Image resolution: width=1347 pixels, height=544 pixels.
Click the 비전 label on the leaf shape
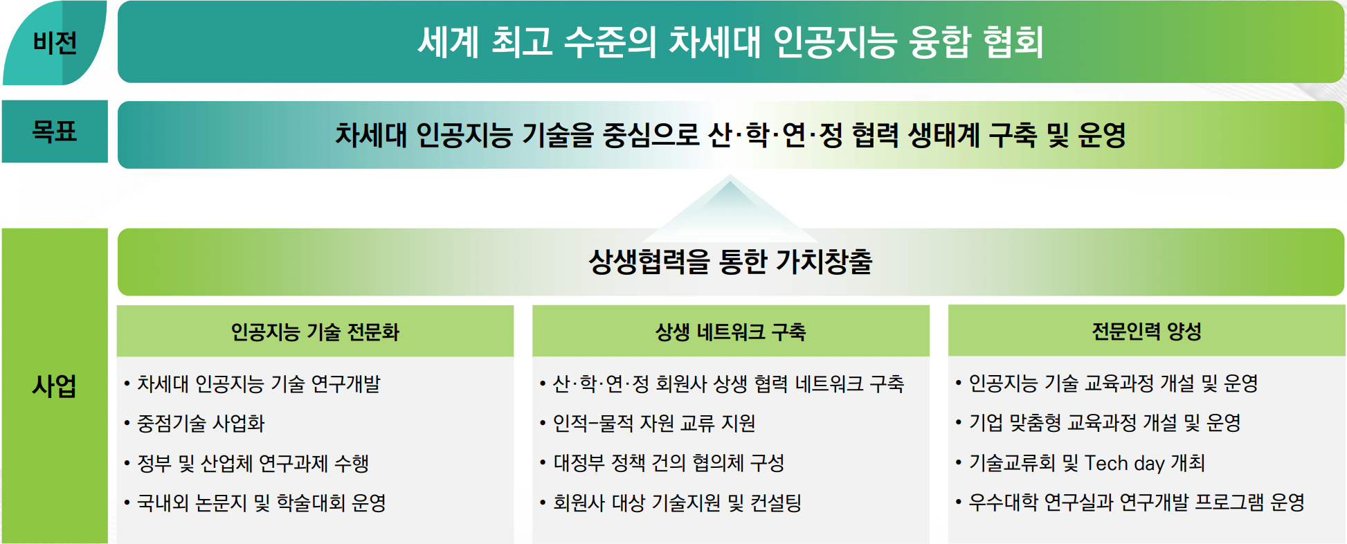coord(55,43)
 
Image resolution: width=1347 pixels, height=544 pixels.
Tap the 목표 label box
coord(55,132)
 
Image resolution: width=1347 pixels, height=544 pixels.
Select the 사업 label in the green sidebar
coord(54,386)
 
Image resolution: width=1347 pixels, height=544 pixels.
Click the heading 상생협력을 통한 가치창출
coord(730,262)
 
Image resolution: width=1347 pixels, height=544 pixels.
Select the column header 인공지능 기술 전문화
coord(315,332)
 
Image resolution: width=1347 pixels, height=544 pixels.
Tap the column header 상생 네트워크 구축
coord(730,332)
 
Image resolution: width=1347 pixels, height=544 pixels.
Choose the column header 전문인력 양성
coord(1146,332)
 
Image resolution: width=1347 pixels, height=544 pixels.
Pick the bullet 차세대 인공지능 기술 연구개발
coord(259,383)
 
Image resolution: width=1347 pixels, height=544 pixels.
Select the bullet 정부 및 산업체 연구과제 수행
coord(253,463)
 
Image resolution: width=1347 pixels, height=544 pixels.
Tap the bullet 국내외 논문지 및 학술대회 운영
coord(262,502)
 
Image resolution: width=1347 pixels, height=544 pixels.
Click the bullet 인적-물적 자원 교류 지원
coord(654,423)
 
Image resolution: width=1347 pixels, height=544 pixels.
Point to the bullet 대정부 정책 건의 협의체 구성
coord(669,463)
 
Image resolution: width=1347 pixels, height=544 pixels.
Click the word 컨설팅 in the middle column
coord(776,502)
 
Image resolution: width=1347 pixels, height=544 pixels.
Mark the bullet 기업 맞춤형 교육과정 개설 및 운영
coord(1105,423)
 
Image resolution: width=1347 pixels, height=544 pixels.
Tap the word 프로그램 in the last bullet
coord(1229,502)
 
